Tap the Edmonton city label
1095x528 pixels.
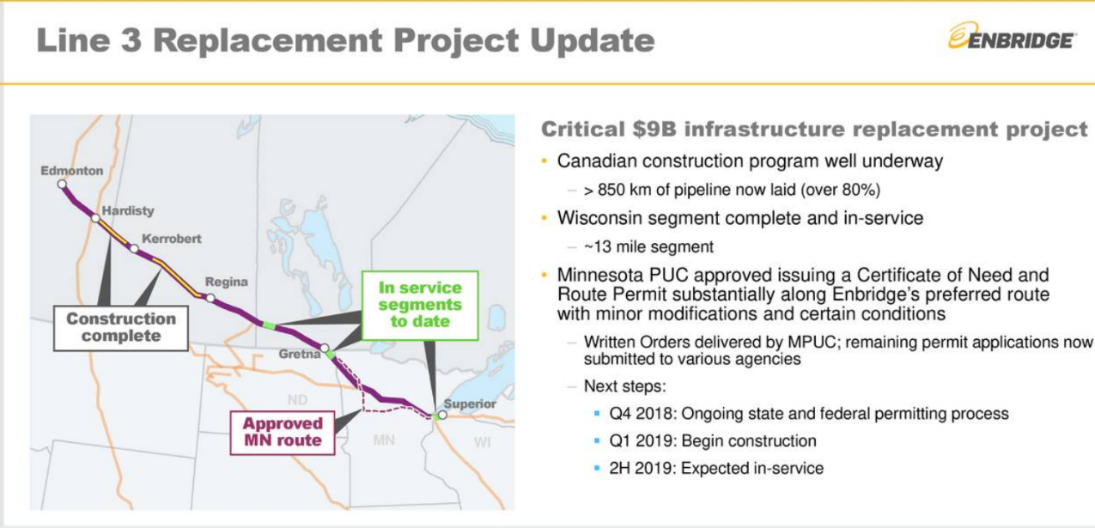point(72,170)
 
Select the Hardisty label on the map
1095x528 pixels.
point(128,210)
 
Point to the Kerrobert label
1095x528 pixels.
point(171,239)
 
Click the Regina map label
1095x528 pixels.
point(226,282)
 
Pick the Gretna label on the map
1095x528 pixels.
point(299,354)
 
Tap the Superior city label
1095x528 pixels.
point(471,404)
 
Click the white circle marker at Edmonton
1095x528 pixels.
point(62,184)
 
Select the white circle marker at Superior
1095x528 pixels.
point(443,415)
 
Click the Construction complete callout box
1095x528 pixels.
point(120,327)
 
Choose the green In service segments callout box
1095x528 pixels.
point(420,305)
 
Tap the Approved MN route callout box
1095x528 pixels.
point(282,432)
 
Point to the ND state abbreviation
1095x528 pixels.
point(297,399)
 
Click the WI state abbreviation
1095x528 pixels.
point(482,442)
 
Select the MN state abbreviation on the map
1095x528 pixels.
point(383,440)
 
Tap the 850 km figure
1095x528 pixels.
point(627,190)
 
